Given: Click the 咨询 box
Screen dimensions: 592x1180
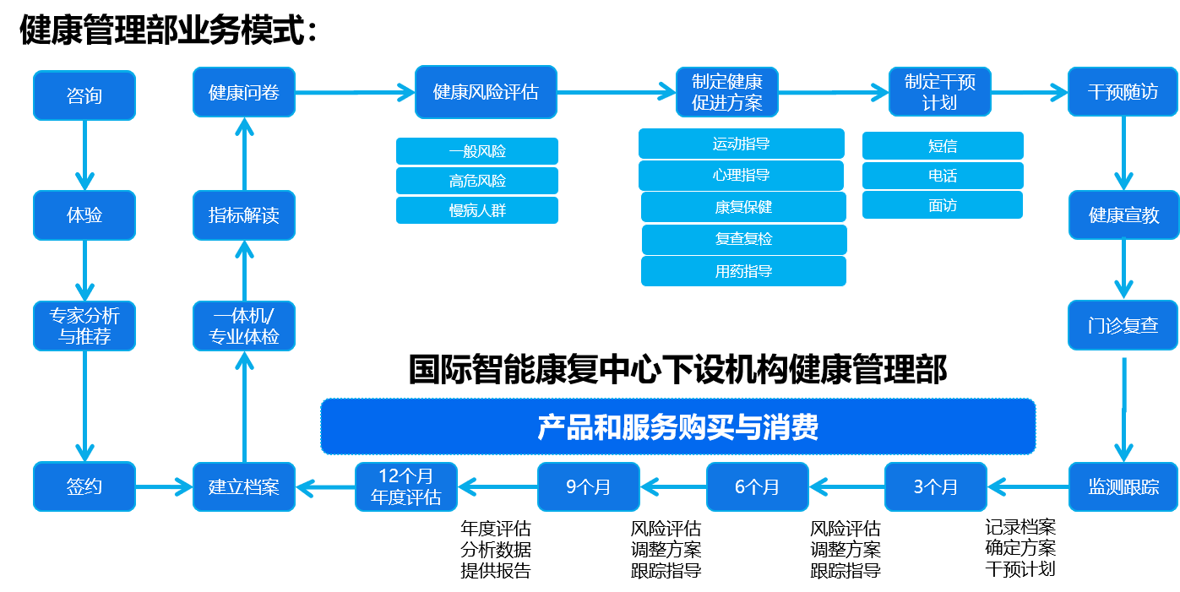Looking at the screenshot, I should click(x=84, y=95).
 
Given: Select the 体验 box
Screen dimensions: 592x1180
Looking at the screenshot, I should click(x=84, y=215).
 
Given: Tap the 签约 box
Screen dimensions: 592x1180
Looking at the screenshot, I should click(x=84, y=486).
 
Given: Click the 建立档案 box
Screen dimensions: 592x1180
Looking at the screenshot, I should click(x=243, y=486).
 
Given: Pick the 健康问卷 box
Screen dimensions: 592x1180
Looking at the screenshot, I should click(x=243, y=92).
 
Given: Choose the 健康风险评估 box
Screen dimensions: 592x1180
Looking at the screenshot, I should click(x=486, y=92).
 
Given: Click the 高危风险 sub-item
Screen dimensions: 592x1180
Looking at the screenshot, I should click(x=477, y=181).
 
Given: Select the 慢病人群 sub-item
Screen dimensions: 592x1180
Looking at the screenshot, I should click(x=477, y=210).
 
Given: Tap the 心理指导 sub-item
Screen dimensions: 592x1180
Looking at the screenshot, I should click(x=741, y=176).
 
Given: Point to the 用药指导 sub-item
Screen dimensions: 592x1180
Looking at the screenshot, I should click(x=743, y=271).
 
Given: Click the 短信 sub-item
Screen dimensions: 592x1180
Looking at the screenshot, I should click(x=943, y=145).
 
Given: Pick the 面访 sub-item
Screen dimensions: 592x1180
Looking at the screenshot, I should click(x=943, y=205).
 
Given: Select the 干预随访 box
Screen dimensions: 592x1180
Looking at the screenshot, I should click(x=1123, y=92).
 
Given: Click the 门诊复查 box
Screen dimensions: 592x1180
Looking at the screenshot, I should click(x=1123, y=325).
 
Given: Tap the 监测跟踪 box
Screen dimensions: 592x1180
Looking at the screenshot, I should click(x=1123, y=486).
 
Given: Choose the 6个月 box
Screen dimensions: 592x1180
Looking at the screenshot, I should click(x=757, y=486).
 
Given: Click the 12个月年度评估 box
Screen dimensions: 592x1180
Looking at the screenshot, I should click(x=405, y=486).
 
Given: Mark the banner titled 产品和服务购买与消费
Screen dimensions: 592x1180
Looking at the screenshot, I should click(x=677, y=426).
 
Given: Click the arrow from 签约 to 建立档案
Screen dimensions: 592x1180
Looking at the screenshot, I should click(x=164, y=486).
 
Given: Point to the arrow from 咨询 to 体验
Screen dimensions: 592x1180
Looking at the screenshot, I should click(x=84, y=155).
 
